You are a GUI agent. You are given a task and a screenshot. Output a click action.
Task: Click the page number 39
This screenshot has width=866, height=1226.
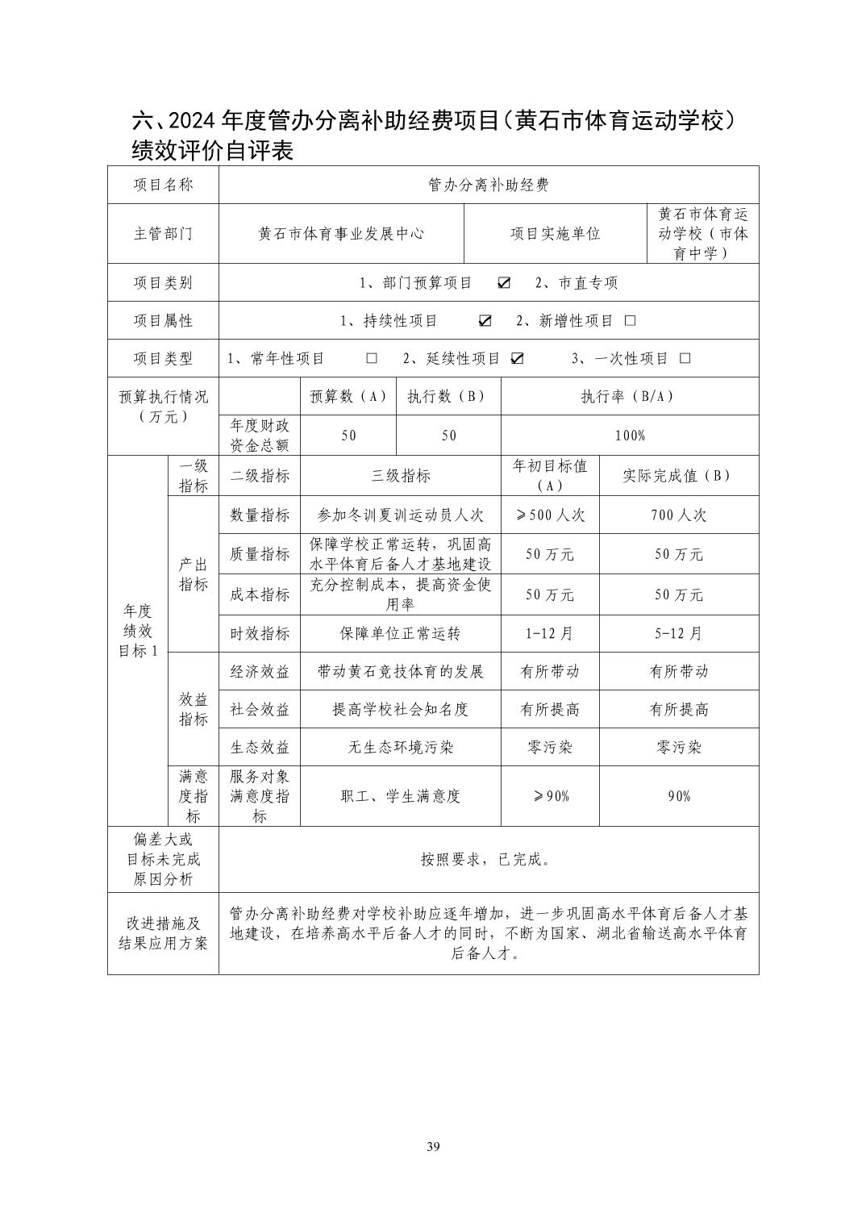point(433,1147)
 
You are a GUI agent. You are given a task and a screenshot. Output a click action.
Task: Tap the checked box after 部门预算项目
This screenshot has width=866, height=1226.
point(505,283)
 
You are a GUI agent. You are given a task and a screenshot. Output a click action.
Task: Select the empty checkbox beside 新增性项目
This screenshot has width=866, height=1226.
point(631,321)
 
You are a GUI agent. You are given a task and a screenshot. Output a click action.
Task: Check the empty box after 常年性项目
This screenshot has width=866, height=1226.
point(372,359)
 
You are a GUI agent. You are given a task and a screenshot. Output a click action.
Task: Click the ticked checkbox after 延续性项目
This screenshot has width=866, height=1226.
point(517,359)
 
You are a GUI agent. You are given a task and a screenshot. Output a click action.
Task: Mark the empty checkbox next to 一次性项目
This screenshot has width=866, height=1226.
point(685,359)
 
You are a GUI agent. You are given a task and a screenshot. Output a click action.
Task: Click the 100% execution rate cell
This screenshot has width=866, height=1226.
point(630,436)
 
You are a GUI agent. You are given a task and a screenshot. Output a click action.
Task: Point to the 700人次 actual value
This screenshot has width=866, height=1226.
point(679,515)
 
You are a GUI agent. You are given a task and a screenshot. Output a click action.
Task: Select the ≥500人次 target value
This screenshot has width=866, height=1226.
point(550,515)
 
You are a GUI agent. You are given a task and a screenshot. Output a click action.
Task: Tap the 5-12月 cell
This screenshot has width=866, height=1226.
point(679,634)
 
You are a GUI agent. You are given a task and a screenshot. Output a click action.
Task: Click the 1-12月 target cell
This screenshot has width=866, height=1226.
point(550,634)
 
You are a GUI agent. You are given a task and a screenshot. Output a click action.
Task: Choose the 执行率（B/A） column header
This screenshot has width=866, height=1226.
point(630,397)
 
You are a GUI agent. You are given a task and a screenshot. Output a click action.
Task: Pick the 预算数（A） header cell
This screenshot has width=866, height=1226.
point(348,397)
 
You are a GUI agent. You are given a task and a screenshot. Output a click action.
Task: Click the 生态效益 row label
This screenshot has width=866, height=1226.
point(260,748)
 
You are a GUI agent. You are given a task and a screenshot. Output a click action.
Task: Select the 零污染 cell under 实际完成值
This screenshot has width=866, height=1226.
point(679,748)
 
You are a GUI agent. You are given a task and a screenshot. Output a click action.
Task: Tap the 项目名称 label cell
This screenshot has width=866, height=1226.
point(164,185)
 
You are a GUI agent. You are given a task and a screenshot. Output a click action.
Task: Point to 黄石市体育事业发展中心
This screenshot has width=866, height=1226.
point(341,234)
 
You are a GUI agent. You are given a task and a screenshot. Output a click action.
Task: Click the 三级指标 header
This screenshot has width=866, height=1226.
point(401,476)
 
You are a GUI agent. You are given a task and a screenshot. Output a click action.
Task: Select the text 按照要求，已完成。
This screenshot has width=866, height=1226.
point(487,860)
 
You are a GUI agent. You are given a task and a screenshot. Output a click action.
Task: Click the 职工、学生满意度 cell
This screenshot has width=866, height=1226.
point(401,797)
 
